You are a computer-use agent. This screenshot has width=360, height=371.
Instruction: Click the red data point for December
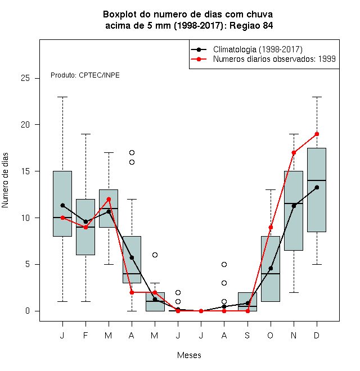pyautogui.click(x=317, y=134)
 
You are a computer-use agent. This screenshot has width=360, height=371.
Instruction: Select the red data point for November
pyautogui.click(x=294, y=152)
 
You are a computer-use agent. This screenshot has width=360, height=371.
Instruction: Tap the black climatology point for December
pyautogui.click(x=317, y=187)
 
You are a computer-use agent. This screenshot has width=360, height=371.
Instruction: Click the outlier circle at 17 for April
pyautogui.click(x=132, y=152)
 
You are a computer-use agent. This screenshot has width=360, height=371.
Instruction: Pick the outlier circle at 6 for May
pyautogui.click(x=155, y=255)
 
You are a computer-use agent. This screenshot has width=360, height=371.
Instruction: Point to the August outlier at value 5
pyautogui.click(x=224, y=264)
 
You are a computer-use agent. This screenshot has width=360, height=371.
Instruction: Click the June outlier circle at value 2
pyautogui.click(x=178, y=292)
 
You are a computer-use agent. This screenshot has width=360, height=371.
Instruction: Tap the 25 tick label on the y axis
pyautogui.click(x=25, y=78)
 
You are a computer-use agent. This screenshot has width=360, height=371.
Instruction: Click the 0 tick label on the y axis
pyautogui.click(x=28, y=311)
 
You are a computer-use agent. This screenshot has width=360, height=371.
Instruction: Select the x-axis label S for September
pyautogui.click(x=247, y=335)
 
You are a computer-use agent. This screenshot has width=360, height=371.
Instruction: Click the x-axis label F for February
pyautogui.click(x=85, y=335)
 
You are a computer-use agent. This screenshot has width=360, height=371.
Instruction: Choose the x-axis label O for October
pyautogui.click(x=270, y=335)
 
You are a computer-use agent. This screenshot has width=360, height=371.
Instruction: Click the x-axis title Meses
pyautogui.click(x=189, y=355)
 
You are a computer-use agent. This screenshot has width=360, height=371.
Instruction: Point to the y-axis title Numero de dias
pyautogui.click(x=5, y=180)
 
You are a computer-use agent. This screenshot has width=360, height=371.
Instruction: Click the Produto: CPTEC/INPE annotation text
pyautogui.click(x=85, y=75)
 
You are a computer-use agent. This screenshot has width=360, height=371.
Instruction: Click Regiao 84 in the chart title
pyautogui.click(x=251, y=25)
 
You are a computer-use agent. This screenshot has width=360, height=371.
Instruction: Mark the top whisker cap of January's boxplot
pyautogui.click(x=62, y=97)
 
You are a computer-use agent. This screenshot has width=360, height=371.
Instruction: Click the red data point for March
pyautogui.click(x=109, y=199)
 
